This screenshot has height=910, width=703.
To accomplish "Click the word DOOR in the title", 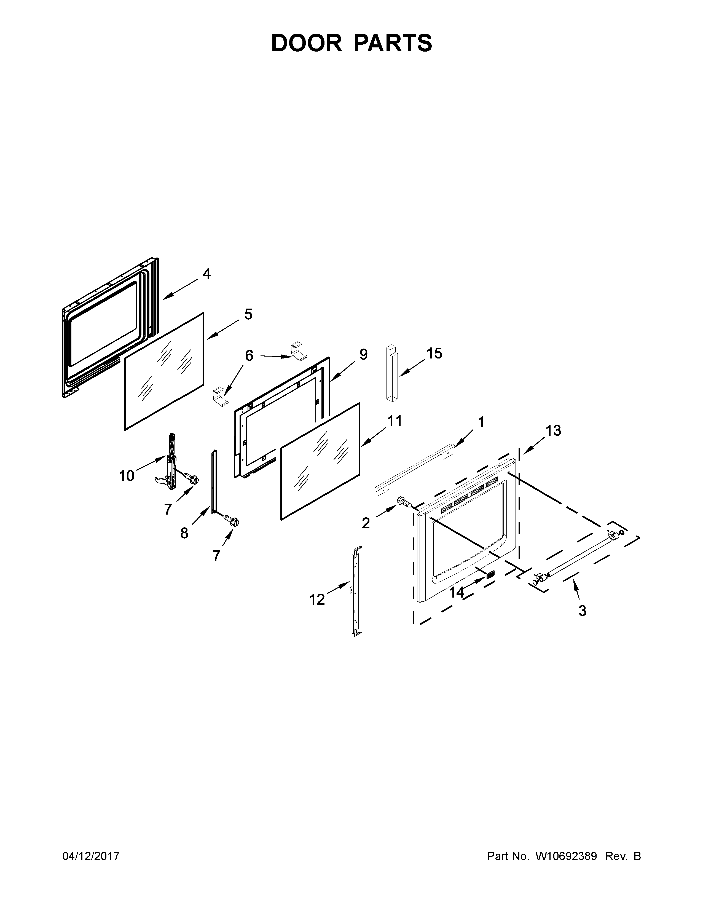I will click(x=307, y=43).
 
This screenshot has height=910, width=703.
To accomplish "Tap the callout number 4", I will click(x=206, y=274).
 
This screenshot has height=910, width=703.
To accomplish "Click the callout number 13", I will click(x=554, y=430).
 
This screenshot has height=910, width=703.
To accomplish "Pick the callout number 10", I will click(x=127, y=475).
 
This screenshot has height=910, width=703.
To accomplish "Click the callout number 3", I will click(x=582, y=611).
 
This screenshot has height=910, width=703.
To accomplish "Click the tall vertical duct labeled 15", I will click(x=391, y=374).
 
